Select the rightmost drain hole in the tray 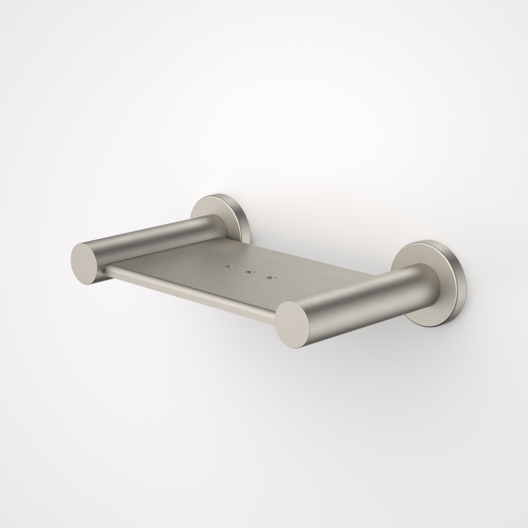(269, 278)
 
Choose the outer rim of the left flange (245, 217)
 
